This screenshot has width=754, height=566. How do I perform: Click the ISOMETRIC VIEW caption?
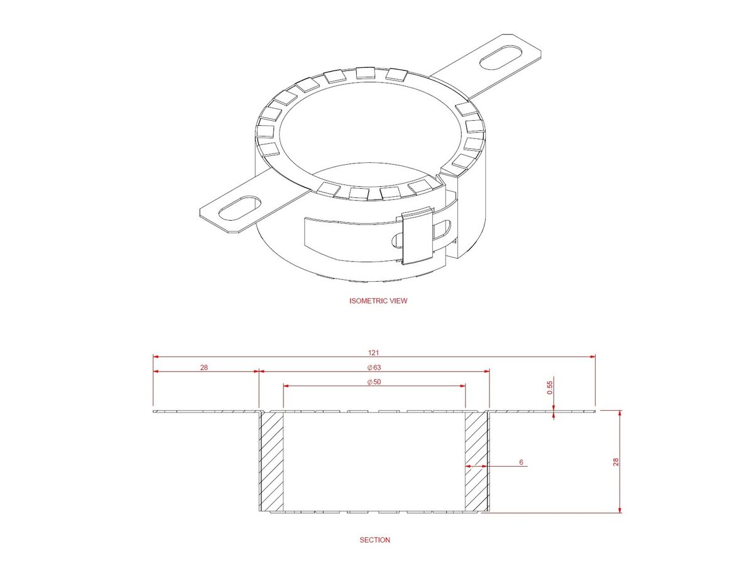[x=378, y=301]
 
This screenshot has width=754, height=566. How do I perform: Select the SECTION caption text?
[x=374, y=540]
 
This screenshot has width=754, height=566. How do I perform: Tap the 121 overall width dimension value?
[x=374, y=352]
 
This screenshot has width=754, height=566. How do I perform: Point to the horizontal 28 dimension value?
[x=204, y=367]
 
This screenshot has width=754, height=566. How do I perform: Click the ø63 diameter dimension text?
[x=374, y=367]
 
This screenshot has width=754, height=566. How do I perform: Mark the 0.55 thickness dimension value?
[x=550, y=388]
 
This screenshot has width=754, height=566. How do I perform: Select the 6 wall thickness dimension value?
[x=521, y=462]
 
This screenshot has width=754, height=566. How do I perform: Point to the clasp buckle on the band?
[x=417, y=235]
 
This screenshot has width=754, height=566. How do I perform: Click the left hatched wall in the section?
[x=271, y=461]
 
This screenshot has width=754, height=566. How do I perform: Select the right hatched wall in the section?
[x=477, y=461]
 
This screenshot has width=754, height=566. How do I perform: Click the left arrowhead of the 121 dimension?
[x=156, y=357]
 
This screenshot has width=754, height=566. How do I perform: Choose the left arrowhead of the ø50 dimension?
[x=287, y=387]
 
